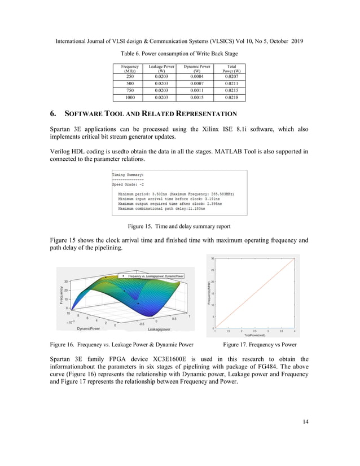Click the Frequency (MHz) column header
pyautogui.click(x=130, y=69)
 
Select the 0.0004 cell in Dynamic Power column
pyautogui.click(x=197, y=76)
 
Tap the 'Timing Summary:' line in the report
pyautogui.click(x=128, y=175)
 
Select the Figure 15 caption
pyautogui.click(x=179, y=227)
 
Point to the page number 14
pyautogui.click(x=305, y=420)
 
